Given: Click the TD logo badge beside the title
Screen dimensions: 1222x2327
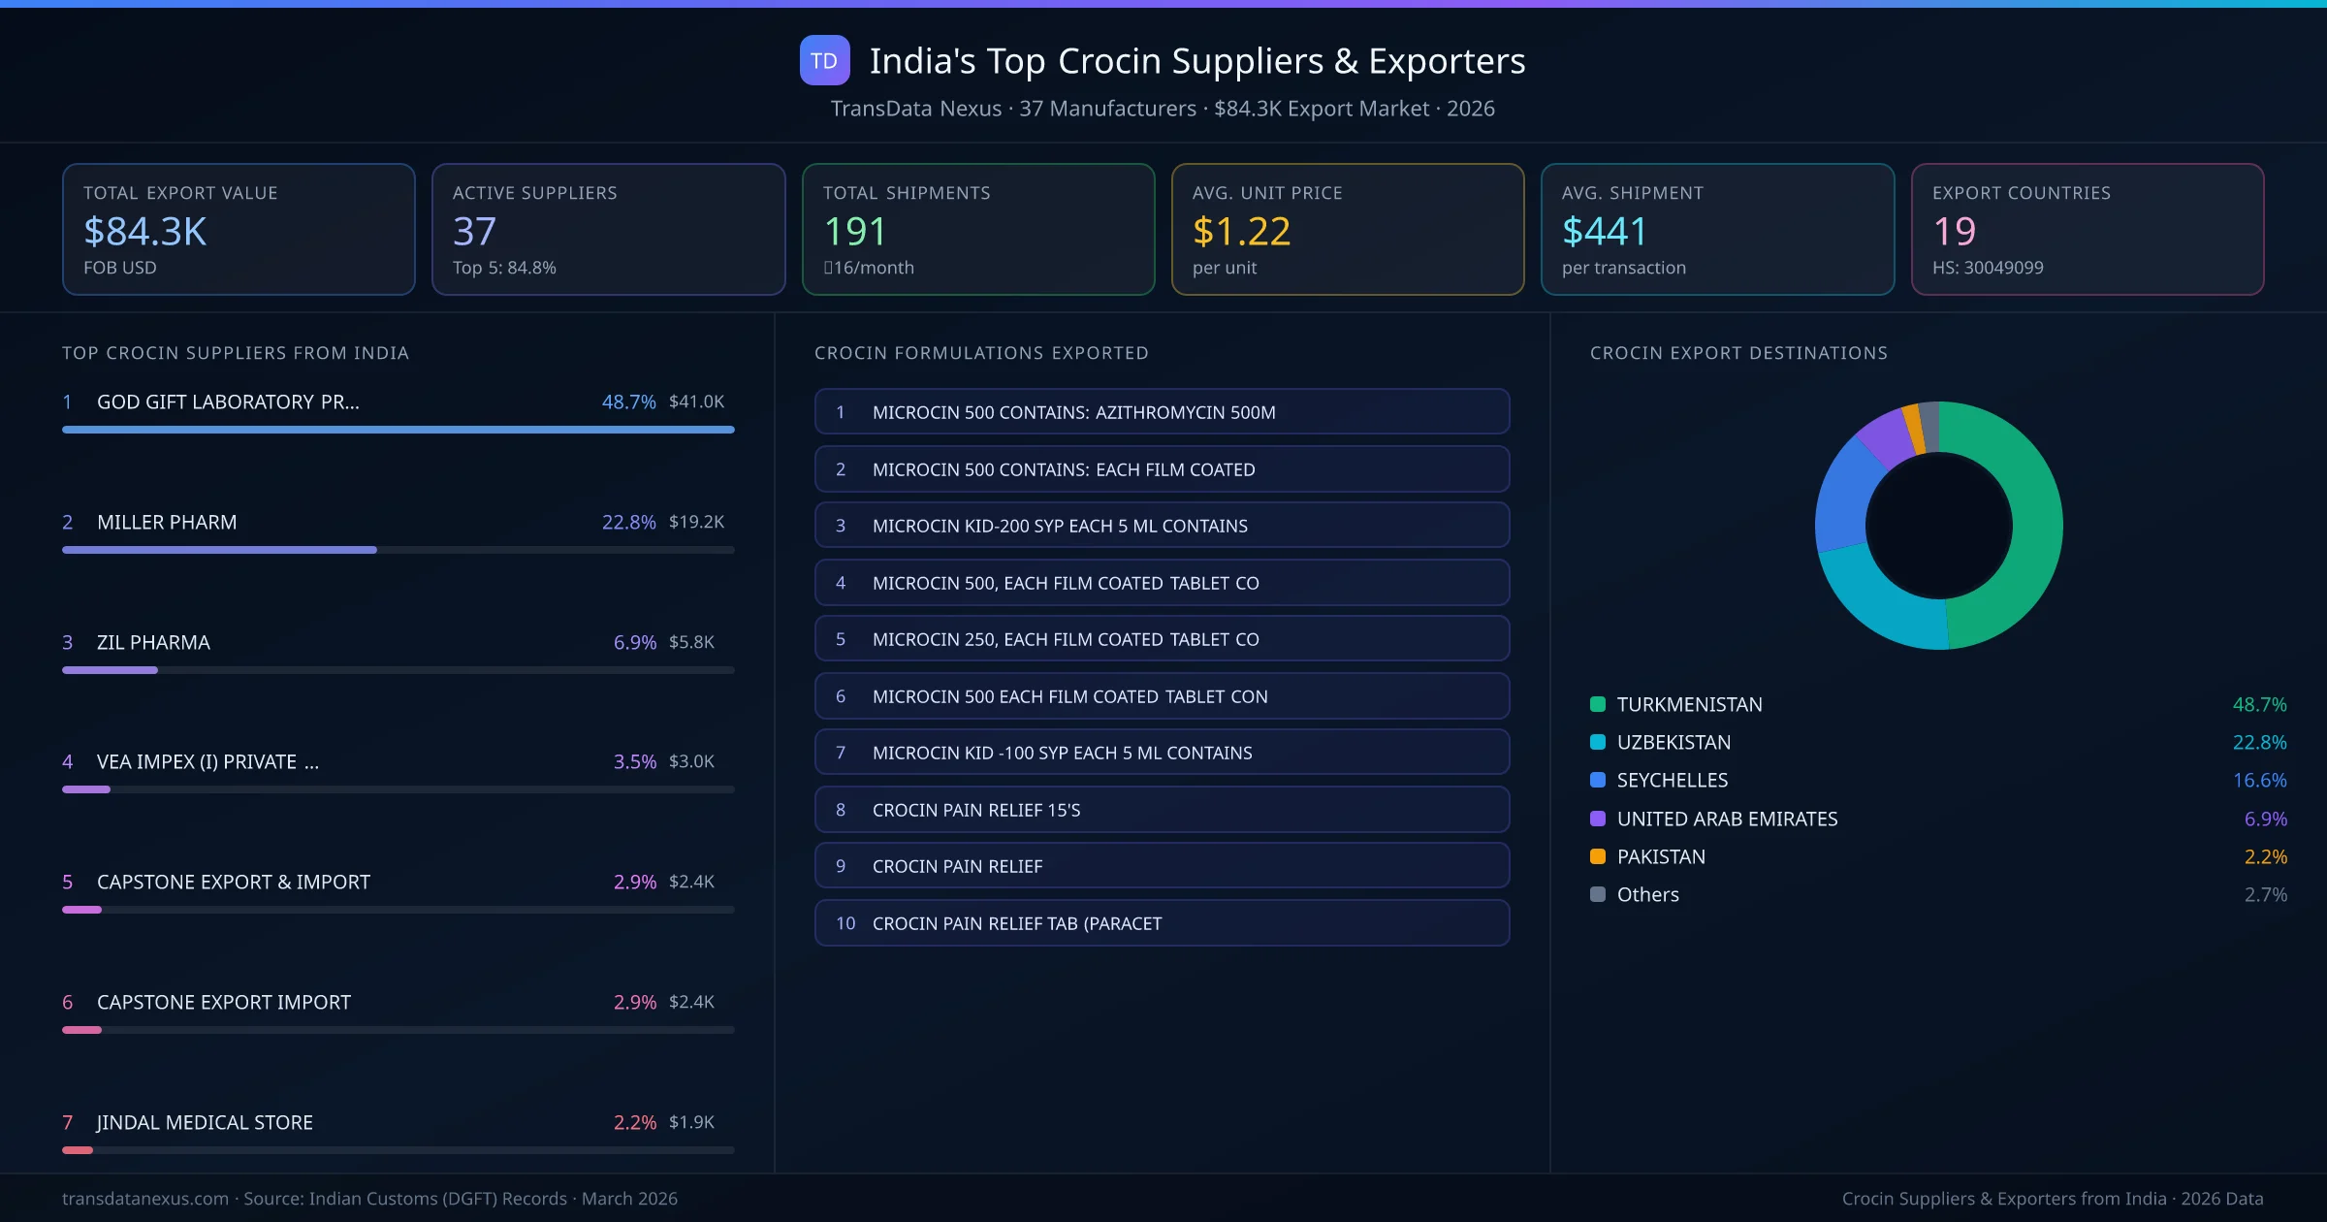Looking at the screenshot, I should (824, 60).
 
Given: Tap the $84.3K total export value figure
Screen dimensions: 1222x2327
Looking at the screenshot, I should (145, 231).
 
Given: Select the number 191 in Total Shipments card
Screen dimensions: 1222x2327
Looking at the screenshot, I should (854, 231).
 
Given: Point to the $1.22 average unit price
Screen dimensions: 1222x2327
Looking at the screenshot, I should (1241, 231).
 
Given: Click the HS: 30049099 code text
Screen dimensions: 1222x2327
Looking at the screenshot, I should (1987, 268).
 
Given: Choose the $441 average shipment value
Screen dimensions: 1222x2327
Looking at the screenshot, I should (1605, 231).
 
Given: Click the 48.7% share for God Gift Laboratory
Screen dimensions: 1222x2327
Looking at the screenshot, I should (628, 402).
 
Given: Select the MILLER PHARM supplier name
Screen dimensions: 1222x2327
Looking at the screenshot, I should (167, 522).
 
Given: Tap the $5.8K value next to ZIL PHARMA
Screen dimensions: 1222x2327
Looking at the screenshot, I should (691, 642).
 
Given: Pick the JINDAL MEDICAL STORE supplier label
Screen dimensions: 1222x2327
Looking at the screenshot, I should (205, 1122).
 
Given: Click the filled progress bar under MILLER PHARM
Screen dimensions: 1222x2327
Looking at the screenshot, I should (219, 550).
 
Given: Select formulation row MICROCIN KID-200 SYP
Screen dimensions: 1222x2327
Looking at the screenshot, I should (1161, 526).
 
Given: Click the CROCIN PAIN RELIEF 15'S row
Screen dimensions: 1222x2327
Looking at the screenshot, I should (1161, 810).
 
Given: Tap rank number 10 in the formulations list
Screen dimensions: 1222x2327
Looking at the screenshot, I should (845, 923).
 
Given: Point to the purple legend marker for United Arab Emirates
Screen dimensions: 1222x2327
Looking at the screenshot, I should (1598, 819).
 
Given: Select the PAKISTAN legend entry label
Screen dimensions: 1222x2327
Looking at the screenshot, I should (1661, 856).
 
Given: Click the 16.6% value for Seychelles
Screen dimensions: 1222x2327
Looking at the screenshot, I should (2259, 780).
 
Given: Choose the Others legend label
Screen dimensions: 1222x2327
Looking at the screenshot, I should (1647, 894).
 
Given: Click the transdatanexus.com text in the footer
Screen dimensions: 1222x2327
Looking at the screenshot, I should (145, 1199).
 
